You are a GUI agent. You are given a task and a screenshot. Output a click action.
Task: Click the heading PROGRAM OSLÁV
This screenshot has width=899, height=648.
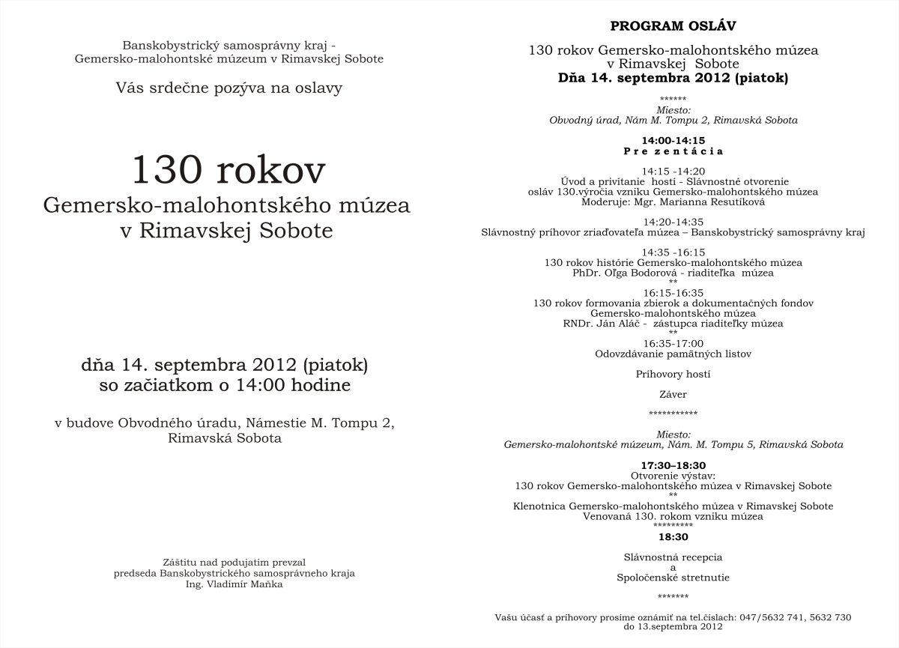point(673,27)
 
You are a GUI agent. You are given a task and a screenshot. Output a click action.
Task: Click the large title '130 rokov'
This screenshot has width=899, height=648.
point(228,170)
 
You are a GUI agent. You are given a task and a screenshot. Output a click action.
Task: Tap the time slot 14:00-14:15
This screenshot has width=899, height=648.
point(673,141)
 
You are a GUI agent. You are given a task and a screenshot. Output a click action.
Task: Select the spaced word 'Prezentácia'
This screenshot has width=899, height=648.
point(673,151)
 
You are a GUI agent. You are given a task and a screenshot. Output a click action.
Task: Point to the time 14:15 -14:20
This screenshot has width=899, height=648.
point(673,172)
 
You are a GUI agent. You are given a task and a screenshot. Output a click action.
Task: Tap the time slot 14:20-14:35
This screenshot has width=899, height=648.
point(673,222)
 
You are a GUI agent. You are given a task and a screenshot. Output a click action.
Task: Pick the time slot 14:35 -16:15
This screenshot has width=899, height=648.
point(673,252)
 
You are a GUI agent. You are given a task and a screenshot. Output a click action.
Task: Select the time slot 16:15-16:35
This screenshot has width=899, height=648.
point(673,293)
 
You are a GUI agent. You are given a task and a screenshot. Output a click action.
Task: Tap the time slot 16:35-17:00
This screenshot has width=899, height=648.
point(673,344)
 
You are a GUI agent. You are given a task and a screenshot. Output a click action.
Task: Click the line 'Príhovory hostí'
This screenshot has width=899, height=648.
point(673,374)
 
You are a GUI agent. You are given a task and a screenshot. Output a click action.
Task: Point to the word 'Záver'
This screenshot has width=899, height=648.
point(673,394)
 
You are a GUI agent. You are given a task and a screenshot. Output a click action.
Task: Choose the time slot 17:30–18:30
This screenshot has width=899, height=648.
point(673,465)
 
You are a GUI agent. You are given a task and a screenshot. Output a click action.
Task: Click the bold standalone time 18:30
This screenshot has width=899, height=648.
point(673,537)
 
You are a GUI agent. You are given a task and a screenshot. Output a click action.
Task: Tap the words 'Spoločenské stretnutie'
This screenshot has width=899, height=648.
point(673,578)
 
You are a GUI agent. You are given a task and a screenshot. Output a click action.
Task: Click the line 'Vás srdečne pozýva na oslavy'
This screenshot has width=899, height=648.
point(228,88)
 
